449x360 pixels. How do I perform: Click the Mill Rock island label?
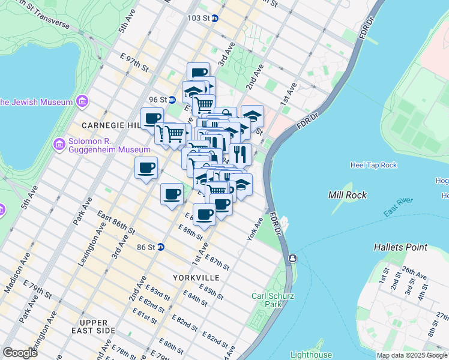point(348,195)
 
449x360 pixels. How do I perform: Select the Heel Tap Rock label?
point(373,165)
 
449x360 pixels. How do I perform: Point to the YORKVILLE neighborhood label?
point(196,278)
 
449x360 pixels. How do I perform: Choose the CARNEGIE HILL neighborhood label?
point(106,125)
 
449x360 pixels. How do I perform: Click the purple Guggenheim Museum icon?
point(59,144)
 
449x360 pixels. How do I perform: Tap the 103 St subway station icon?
point(214,18)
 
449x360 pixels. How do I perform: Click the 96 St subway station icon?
point(171,100)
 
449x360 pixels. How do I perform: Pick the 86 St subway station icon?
point(160,247)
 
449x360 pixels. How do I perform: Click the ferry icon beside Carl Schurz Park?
point(292,259)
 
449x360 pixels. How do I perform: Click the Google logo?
point(20,353)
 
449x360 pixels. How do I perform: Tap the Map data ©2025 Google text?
point(412,355)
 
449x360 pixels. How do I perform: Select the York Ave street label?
point(255,229)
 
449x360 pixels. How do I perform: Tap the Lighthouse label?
point(311,355)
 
